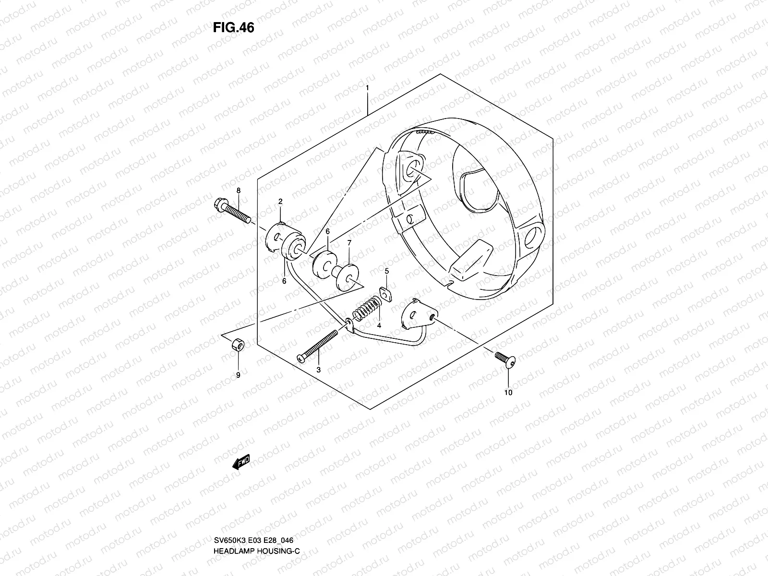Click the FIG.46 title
(x=233, y=28)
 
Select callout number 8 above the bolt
(x=238, y=191)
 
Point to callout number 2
(x=280, y=202)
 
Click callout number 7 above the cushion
(x=349, y=243)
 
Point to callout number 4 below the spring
(x=379, y=325)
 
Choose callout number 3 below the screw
(x=318, y=370)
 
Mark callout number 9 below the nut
(x=238, y=375)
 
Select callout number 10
(x=508, y=392)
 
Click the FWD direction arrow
(x=241, y=463)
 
